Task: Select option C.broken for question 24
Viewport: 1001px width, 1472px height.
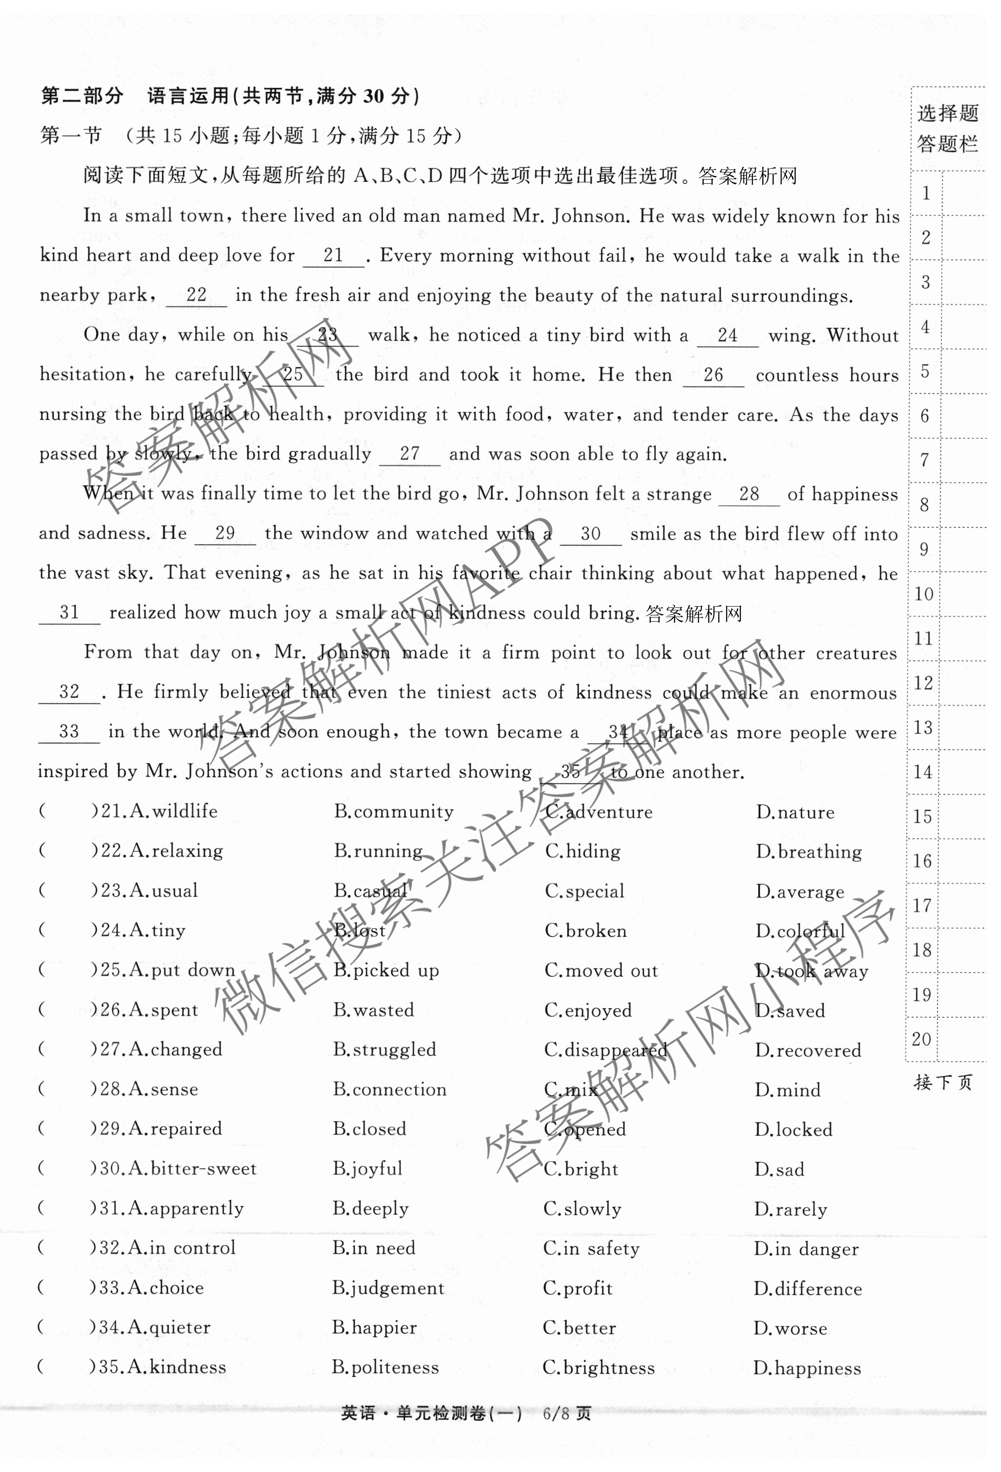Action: (x=586, y=931)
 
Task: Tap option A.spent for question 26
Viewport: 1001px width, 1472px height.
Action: (x=163, y=1010)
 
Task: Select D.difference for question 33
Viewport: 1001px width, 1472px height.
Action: (x=808, y=1289)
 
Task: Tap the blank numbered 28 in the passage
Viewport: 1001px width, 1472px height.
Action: (x=749, y=495)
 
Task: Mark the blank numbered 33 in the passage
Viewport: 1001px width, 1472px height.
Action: (x=69, y=732)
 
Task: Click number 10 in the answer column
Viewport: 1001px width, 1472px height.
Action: (x=924, y=594)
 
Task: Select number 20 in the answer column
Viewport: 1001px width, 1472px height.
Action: (x=922, y=1040)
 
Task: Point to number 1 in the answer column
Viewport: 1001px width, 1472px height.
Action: (x=926, y=193)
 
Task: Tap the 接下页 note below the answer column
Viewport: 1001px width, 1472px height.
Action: (x=943, y=1083)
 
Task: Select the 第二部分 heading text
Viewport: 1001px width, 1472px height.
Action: (x=83, y=96)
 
